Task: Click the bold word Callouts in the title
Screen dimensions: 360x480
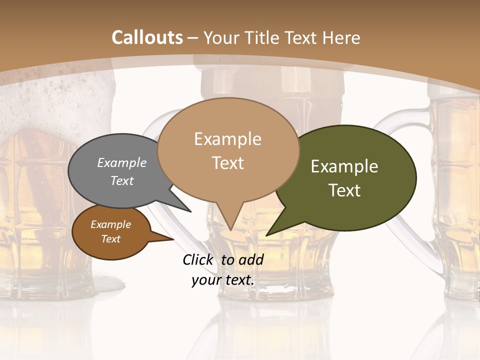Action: (147, 37)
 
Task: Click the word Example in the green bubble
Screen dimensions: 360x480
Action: (344, 166)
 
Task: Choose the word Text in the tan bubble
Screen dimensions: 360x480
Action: (228, 163)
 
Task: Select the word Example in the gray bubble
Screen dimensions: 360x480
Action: (122, 162)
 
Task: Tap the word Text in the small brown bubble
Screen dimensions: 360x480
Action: (111, 239)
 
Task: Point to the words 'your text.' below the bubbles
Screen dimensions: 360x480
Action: (223, 280)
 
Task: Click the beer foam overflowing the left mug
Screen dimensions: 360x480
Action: (55, 100)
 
